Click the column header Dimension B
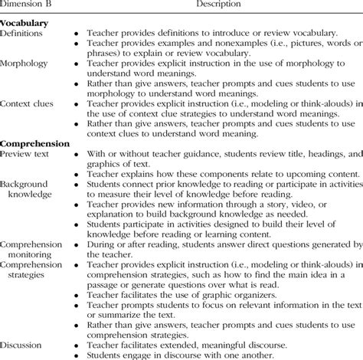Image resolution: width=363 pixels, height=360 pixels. click(x=26, y=5)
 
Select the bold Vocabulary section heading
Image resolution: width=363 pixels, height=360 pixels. click(x=26, y=24)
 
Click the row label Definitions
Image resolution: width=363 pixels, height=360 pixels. click(x=23, y=34)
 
